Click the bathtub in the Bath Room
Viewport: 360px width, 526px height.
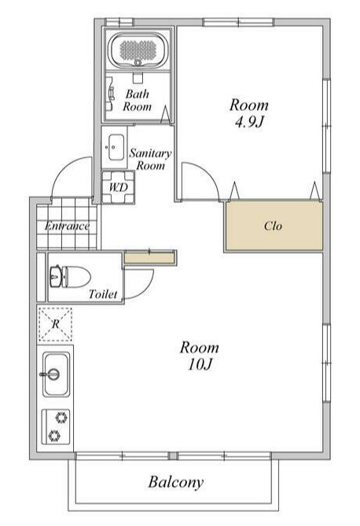[x=139, y=50]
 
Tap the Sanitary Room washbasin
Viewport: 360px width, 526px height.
[x=115, y=147]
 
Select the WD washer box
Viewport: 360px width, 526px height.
[x=119, y=187]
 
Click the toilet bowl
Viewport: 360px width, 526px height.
[x=71, y=277]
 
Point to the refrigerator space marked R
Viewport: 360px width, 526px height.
[x=55, y=324]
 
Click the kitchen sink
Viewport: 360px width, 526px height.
[x=56, y=373]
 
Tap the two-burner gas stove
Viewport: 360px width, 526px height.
[x=56, y=427]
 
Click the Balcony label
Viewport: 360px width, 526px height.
[x=176, y=483]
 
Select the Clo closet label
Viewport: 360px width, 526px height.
[x=273, y=226]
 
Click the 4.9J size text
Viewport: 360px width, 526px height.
[x=248, y=122]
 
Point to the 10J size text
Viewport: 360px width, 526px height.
[x=200, y=364]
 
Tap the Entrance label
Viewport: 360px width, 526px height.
[x=67, y=226]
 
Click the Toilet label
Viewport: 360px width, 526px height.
[x=103, y=294]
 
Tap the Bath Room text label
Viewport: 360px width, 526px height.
[x=138, y=101]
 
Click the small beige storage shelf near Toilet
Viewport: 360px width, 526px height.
[x=149, y=258]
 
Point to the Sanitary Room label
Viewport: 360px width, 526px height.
[x=150, y=160]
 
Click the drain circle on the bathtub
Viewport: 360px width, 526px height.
[x=138, y=63]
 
